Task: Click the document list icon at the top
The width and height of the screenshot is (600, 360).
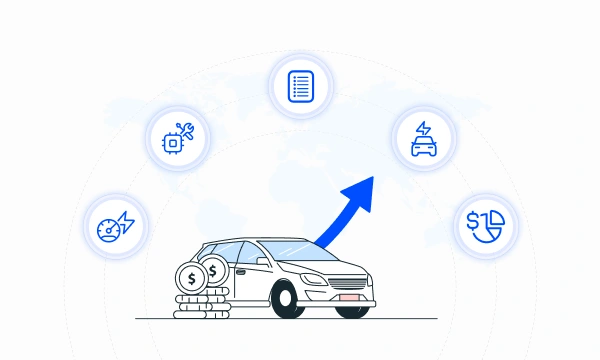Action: (x=300, y=84)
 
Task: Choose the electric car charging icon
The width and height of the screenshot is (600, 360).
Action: (x=423, y=139)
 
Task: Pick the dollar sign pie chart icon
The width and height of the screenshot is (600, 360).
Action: (x=487, y=225)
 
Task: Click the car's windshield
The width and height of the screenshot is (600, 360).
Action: (x=304, y=252)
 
